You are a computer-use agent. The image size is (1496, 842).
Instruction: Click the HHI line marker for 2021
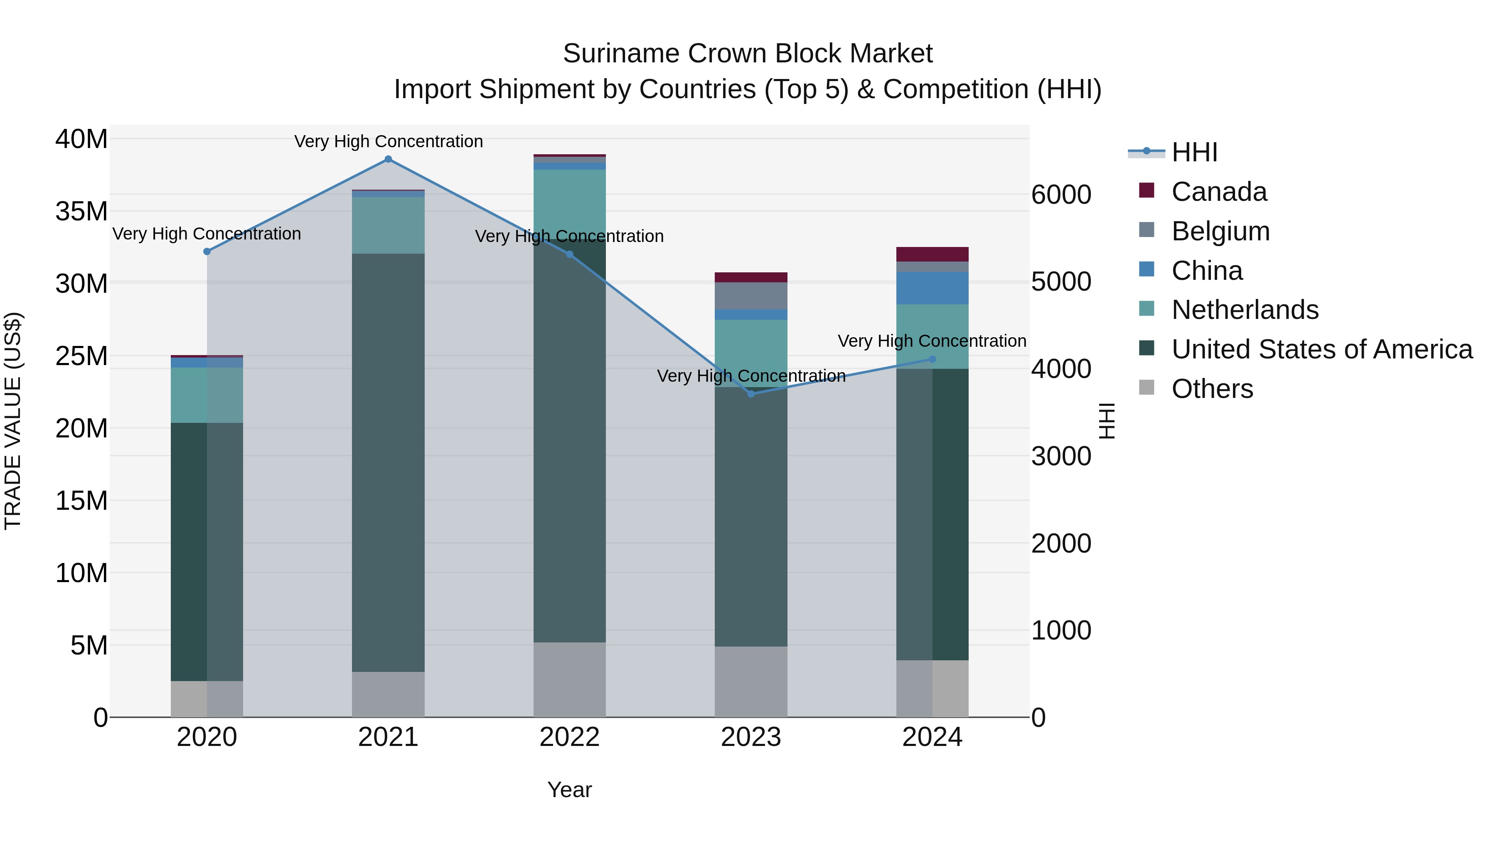coord(389,159)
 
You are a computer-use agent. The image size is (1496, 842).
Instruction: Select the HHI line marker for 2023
coord(751,394)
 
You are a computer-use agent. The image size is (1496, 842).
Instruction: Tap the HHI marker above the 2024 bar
coord(933,359)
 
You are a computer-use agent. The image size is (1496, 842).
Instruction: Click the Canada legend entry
coord(1218,192)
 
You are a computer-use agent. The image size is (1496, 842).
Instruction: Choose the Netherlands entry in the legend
coord(1245,310)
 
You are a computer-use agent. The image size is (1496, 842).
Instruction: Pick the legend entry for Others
coord(1212,389)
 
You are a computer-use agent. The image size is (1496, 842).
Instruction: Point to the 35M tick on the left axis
coord(81,212)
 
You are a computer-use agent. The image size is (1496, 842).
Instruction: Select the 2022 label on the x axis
coord(569,737)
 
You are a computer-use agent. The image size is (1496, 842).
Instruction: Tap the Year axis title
coord(569,790)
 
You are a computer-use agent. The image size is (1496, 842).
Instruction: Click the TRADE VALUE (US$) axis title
coord(13,421)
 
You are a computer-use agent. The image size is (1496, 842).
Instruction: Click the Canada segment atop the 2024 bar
coord(932,254)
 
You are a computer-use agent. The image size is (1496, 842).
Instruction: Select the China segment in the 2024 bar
coord(932,288)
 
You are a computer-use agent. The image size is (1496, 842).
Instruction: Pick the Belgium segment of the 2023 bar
coord(751,296)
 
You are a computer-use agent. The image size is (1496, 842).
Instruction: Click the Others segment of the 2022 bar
coord(569,679)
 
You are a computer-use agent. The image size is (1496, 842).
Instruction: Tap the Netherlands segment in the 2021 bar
coord(389,225)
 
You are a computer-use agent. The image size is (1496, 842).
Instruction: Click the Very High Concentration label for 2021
coord(389,141)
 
